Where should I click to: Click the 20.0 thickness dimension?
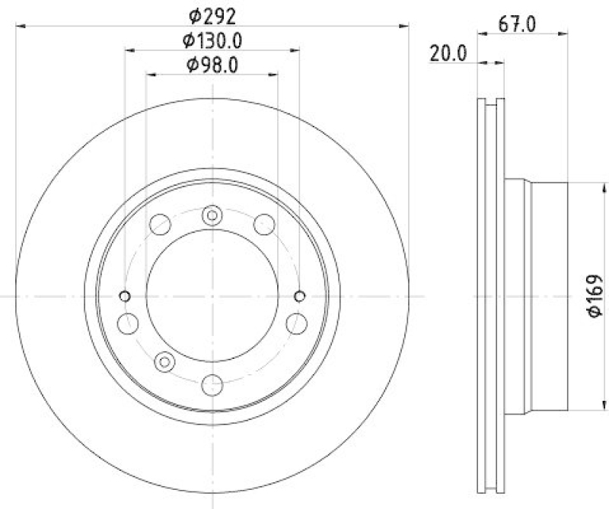[448, 53]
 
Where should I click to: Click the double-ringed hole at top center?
[212, 216]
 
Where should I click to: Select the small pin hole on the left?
[126, 296]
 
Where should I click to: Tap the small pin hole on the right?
[299, 296]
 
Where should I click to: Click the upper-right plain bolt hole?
[264, 224]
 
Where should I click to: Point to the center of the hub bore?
[212, 296]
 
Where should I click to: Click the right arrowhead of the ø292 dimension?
[405, 26]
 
